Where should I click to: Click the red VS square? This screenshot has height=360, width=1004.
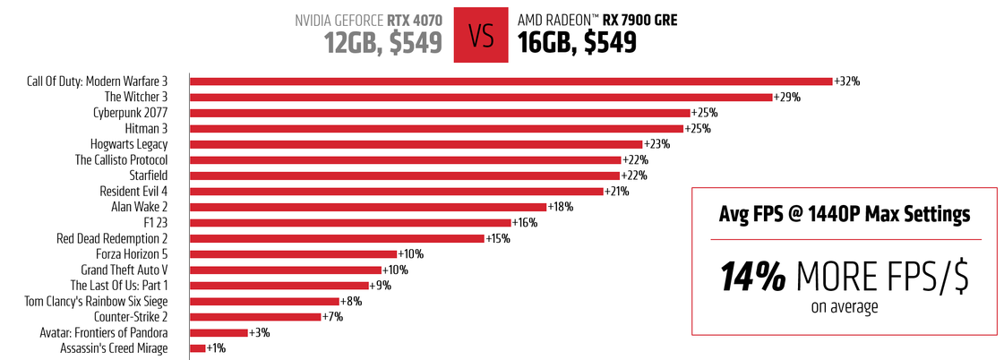coord(481,34)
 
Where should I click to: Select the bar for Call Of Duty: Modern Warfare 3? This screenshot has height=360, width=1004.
coord(511,81)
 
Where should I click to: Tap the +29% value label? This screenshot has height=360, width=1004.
coord(787,97)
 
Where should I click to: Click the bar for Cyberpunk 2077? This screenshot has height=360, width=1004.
coord(440,113)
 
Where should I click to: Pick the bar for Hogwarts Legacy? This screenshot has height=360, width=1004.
coord(416,144)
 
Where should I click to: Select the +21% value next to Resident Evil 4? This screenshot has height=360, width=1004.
coord(617,191)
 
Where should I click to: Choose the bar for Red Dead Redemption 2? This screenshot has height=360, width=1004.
coord(337,238)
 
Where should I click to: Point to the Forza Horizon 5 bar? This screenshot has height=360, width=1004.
coord(293,253)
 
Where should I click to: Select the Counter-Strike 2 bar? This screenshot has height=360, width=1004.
coord(255,316)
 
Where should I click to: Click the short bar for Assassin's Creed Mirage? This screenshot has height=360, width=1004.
coord(198,347)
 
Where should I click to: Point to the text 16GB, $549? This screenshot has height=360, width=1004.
coord(577,43)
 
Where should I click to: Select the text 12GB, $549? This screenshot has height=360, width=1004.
coord(383,43)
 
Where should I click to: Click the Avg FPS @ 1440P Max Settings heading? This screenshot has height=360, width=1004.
coord(845,215)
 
